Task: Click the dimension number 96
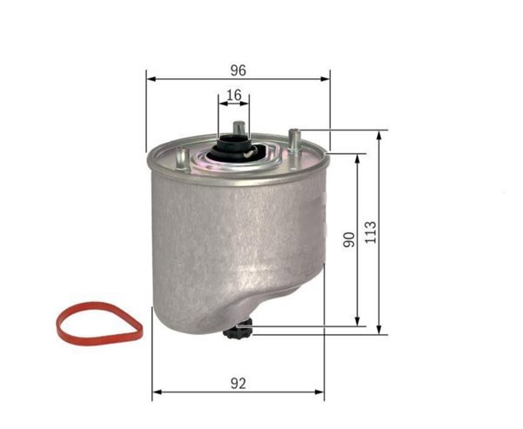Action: click(x=238, y=70)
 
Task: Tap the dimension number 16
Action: click(x=234, y=96)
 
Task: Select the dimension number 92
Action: click(x=238, y=384)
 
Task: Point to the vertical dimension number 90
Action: click(x=349, y=239)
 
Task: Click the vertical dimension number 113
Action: click(x=371, y=232)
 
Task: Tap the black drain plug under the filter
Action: click(x=238, y=329)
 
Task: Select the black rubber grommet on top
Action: click(x=231, y=149)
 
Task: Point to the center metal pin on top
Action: click(x=239, y=128)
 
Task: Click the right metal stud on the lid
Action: click(x=294, y=140)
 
